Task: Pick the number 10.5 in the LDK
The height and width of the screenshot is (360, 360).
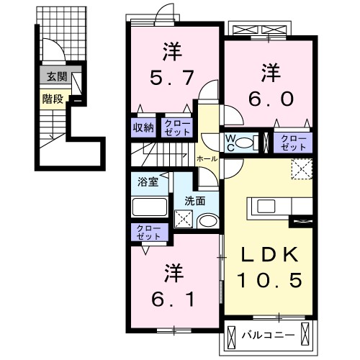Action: pos(270,279)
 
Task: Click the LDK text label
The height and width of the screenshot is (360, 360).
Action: pos(269,256)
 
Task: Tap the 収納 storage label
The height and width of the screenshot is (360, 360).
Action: pos(143,127)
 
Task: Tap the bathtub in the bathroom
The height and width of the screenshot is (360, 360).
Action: pos(149,206)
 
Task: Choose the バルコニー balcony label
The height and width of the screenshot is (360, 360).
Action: pos(272,334)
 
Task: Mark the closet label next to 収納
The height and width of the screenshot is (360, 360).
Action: pos(177,127)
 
